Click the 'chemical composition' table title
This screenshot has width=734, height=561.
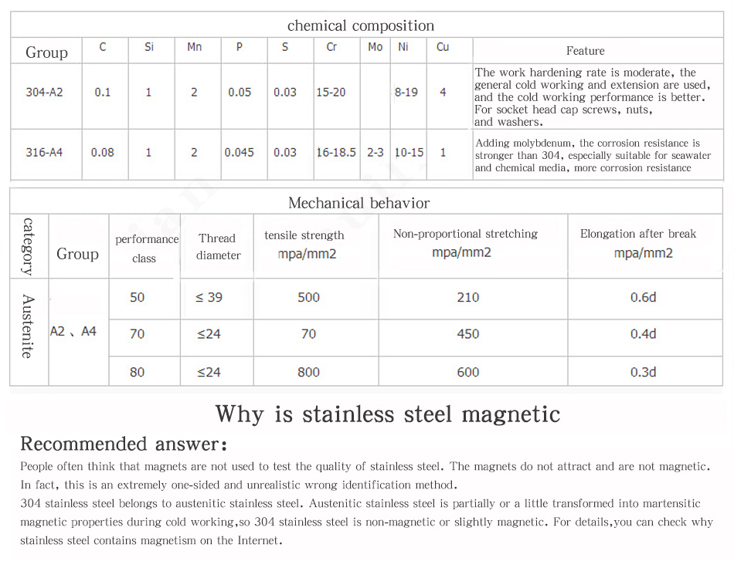361,25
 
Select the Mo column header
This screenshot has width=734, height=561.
375,47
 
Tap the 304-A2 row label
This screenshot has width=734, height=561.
44,92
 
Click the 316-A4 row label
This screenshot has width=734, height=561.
44,152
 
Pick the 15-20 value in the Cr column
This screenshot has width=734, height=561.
331,92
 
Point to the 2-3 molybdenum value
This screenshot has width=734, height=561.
375,152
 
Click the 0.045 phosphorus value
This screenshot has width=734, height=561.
240,152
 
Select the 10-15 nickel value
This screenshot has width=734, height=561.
409,152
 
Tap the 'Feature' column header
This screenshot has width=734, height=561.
585,51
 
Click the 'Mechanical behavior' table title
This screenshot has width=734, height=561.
359,203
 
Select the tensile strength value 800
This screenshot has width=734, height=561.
308,372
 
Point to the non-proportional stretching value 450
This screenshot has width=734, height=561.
468,334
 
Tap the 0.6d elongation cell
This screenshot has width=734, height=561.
643,297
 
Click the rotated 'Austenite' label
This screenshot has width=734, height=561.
27,326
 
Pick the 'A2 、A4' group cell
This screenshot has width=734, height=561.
73,331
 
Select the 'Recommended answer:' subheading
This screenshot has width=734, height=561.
124,444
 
